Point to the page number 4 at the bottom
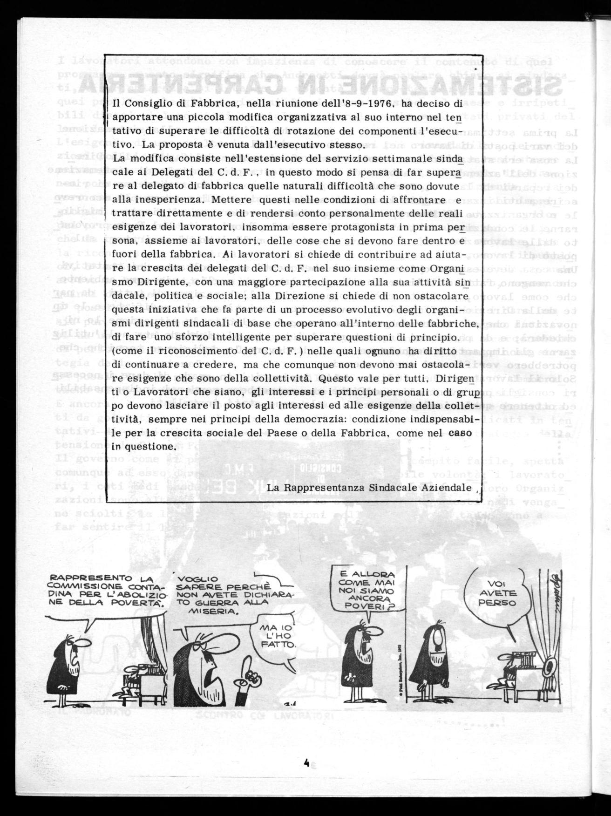click(306, 763)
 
